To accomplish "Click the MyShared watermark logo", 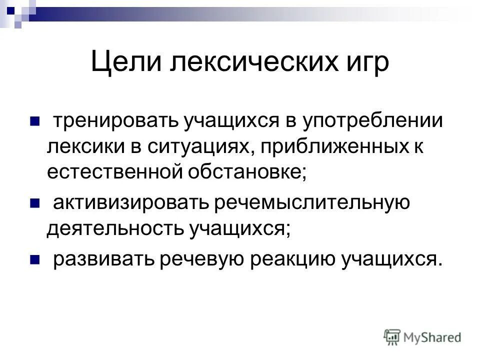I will tap(423, 336).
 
